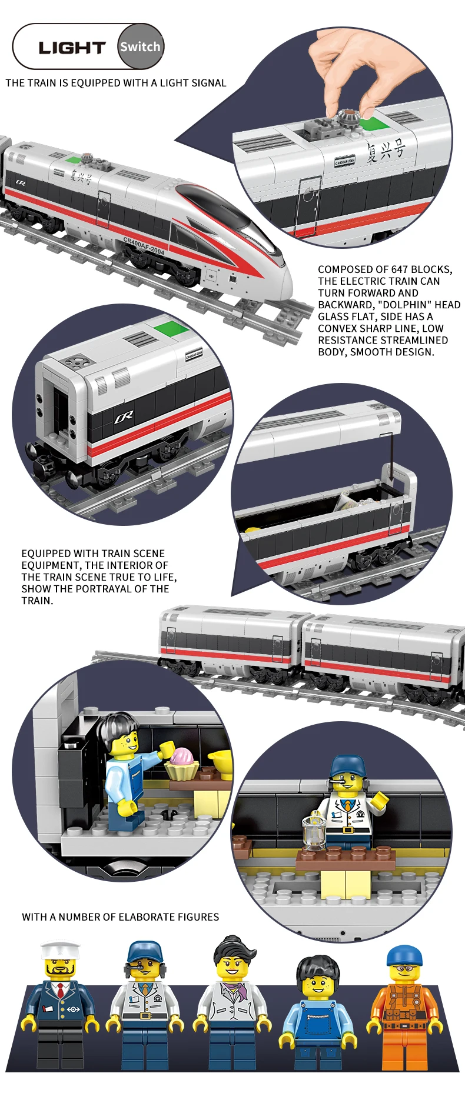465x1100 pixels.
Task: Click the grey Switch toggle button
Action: [140, 46]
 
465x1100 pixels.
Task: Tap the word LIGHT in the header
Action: [72, 48]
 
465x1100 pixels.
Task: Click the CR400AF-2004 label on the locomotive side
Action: [144, 245]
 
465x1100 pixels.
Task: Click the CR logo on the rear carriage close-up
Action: [124, 417]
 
